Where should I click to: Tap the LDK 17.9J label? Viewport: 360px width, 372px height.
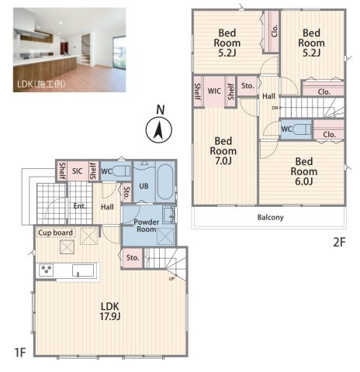[x=110, y=312]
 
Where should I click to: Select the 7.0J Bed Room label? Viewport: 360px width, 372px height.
[x=223, y=151]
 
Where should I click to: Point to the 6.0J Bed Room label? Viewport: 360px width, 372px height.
[x=304, y=171]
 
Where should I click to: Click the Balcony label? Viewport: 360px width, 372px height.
[x=270, y=217]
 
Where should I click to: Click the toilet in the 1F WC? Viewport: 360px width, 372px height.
[x=121, y=170]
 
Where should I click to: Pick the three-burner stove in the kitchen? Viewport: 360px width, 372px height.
[x=46, y=270]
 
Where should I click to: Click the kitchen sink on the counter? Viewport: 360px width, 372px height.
[x=83, y=270]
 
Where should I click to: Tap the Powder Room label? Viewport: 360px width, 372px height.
[x=147, y=226]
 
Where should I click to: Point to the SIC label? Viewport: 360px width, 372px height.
[x=78, y=171]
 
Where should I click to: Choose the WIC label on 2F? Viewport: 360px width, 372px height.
[x=214, y=91]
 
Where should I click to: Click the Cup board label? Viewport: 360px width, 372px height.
[x=55, y=232]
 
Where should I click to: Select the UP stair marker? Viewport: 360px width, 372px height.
[x=171, y=279]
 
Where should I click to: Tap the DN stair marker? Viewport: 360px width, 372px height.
[x=275, y=108]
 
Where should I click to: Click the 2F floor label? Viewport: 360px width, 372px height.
[x=339, y=243]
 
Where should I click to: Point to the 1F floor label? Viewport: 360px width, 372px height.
[x=20, y=353]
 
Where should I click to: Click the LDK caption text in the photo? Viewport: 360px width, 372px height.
[x=41, y=84]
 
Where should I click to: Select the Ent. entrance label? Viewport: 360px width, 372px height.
[x=80, y=206]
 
